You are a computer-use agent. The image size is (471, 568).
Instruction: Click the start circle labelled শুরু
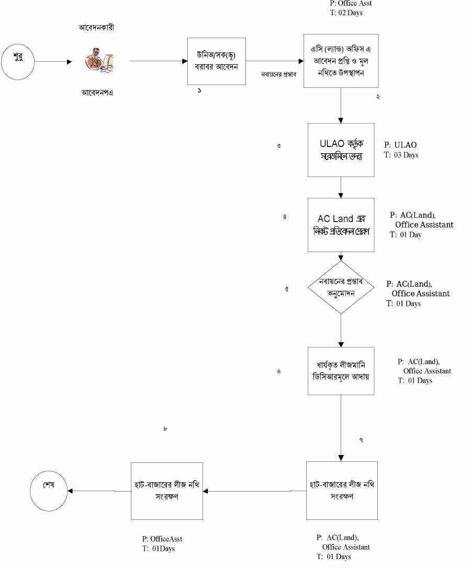[18, 61]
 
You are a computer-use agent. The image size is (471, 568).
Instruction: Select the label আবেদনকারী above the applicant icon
[93, 28]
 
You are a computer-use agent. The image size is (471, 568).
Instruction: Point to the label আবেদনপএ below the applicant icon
[97, 93]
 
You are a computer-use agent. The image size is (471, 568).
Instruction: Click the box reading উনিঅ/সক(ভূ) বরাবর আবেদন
[217, 61]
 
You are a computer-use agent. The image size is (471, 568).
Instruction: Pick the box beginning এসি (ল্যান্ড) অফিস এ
[341, 61]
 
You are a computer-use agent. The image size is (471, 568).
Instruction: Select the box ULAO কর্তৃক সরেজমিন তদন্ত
[341, 150]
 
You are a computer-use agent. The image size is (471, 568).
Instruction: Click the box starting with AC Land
[341, 225]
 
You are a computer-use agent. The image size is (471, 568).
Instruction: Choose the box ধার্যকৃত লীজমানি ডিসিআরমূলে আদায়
[341, 371]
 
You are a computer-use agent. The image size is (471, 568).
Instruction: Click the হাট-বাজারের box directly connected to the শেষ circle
[167, 491]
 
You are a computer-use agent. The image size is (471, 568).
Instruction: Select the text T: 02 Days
[346, 13]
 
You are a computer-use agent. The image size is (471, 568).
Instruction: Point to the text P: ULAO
[401, 145]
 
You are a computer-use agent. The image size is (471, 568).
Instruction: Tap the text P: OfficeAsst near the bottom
[162, 539]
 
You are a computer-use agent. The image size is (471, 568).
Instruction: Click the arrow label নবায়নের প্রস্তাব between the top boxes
[279, 74]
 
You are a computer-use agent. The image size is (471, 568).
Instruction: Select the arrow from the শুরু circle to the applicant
[53, 61]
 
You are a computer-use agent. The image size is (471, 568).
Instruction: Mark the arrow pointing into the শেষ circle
[99, 491]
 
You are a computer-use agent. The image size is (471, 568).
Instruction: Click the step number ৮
[165, 429]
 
